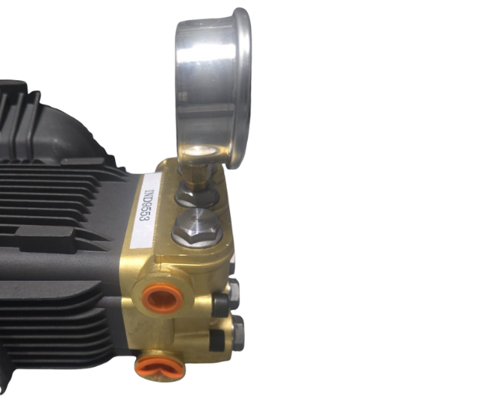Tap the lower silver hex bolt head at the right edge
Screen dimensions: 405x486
point(237,332)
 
